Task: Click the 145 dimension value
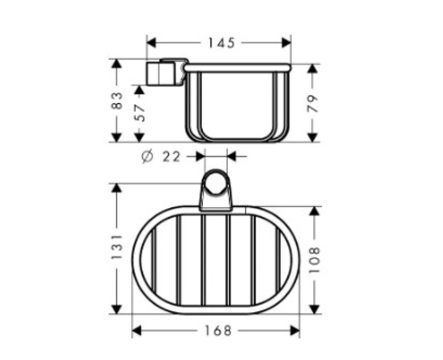(x=221, y=43)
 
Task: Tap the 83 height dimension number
(x=117, y=101)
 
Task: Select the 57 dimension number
(x=140, y=113)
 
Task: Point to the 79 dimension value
(x=312, y=104)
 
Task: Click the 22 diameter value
(x=171, y=157)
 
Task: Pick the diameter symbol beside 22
(x=147, y=157)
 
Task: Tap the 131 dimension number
(x=117, y=246)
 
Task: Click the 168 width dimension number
(x=218, y=331)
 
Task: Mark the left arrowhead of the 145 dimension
(x=151, y=43)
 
